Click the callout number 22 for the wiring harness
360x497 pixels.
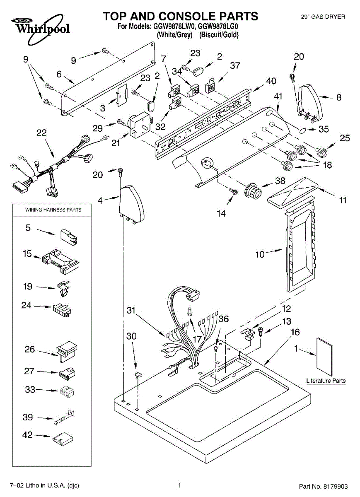pos(41,133)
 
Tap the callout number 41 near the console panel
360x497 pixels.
pos(278,96)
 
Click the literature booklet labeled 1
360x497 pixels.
pos(324,355)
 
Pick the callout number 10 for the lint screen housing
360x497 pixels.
pos(260,254)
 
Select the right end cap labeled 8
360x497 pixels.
pos(311,101)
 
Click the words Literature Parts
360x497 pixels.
pos(326,381)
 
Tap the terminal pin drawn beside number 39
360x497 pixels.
pos(64,418)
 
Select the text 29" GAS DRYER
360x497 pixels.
pos(323,17)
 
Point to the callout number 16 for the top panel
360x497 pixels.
pos(295,332)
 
